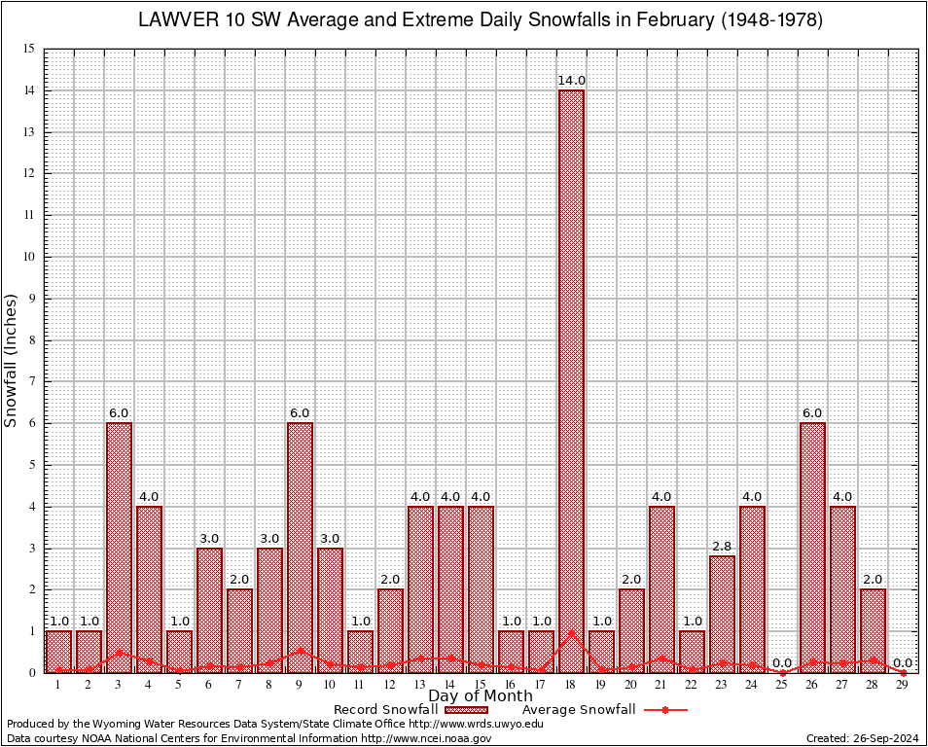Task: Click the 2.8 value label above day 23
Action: pyautogui.click(x=722, y=547)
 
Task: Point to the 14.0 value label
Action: pyautogui.click(x=571, y=81)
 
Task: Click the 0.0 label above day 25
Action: pyautogui.click(x=782, y=663)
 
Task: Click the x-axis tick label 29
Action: pyautogui.click(x=903, y=685)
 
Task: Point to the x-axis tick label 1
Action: pyautogui.click(x=58, y=685)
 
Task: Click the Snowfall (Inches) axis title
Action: pyautogui.click(x=12, y=361)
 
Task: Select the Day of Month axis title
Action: pyautogui.click(x=481, y=695)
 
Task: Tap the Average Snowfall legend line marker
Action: pyautogui.click(x=664, y=710)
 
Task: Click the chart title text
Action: pyautogui.click(x=481, y=19)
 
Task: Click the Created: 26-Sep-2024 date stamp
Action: pyautogui.click(x=863, y=739)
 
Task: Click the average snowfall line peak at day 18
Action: pyautogui.click(x=571, y=632)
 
